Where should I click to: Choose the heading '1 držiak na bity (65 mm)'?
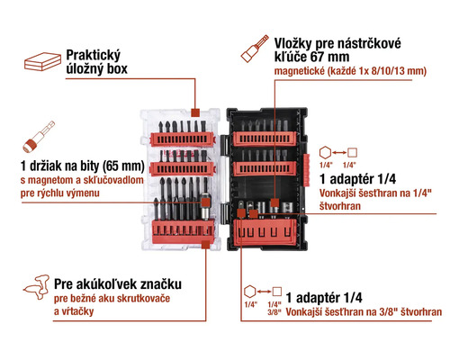[x=82, y=165]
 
